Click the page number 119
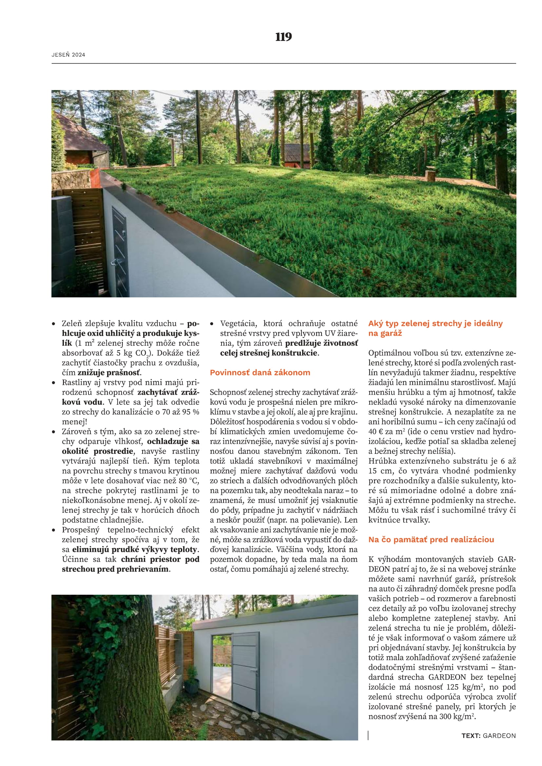(283, 37)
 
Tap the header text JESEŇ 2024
(68, 55)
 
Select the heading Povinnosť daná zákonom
(260, 373)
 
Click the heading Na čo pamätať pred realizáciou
(431, 539)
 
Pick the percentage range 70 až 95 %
(181, 412)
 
